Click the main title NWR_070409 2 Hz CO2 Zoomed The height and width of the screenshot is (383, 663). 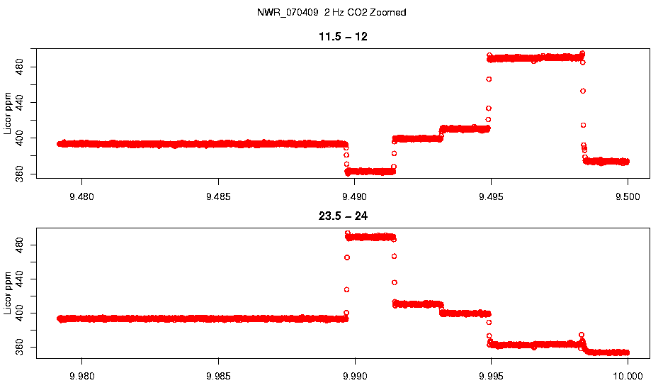(x=331, y=13)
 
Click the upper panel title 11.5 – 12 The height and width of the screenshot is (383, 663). (x=344, y=37)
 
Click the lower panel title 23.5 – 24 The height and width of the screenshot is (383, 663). (x=344, y=216)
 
